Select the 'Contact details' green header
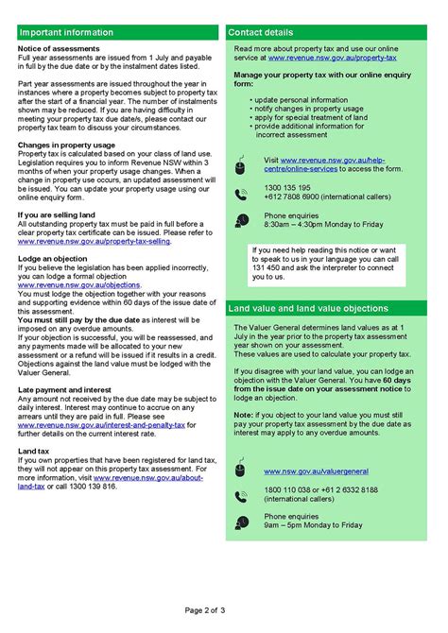click(265, 32)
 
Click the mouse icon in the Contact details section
click(241, 167)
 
